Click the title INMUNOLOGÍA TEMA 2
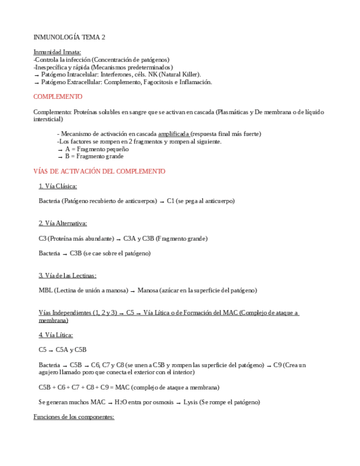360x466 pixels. click(69, 37)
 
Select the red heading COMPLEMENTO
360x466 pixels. click(58, 97)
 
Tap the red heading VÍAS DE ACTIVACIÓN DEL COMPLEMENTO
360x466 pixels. click(99, 171)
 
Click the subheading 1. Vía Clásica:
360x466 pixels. click(58, 186)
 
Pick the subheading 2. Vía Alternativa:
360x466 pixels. click(63, 223)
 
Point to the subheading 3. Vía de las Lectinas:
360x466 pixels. click(67, 275)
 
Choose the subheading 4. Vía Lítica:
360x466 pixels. click(56, 335)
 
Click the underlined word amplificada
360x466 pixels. click(174, 134)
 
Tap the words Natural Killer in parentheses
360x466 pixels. click(182, 74)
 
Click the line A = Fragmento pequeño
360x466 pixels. click(97, 149)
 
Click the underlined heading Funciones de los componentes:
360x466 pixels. click(74, 417)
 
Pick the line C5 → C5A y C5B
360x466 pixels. click(62, 349)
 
